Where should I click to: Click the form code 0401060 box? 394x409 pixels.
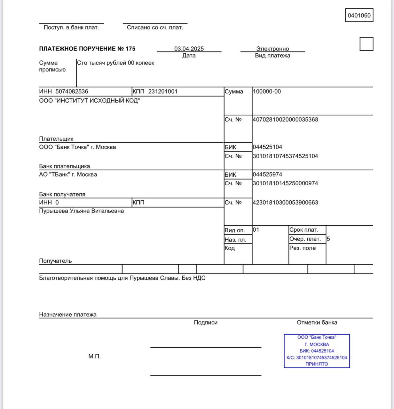point(359,15)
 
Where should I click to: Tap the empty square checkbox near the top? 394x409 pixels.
point(366,44)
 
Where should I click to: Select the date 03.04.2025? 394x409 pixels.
point(189,49)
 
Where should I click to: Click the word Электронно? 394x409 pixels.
point(272,49)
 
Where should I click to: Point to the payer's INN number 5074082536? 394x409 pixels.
point(72,91)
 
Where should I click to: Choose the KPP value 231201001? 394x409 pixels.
point(162,91)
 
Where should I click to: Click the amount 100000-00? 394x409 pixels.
point(267,91)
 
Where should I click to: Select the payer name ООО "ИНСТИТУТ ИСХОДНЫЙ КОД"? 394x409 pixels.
point(89,101)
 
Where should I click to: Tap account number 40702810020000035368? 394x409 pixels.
point(285,120)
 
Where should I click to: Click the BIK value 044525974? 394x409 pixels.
point(267,174)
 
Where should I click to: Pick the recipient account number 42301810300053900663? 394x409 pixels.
point(285,202)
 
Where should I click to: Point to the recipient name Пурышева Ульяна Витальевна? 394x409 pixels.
point(81,211)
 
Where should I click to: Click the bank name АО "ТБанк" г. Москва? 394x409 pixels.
point(68,174)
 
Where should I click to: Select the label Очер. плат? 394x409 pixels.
point(305,239)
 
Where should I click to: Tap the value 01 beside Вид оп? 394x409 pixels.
point(256,229)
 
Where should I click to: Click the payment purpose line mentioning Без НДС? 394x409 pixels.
point(122,278)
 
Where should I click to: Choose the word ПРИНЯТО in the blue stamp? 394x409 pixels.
point(317,364)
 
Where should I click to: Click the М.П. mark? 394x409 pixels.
point(94,356)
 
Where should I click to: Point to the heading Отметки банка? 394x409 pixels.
point(317,322)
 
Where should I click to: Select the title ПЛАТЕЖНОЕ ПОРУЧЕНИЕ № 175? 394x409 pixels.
point(87,49)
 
